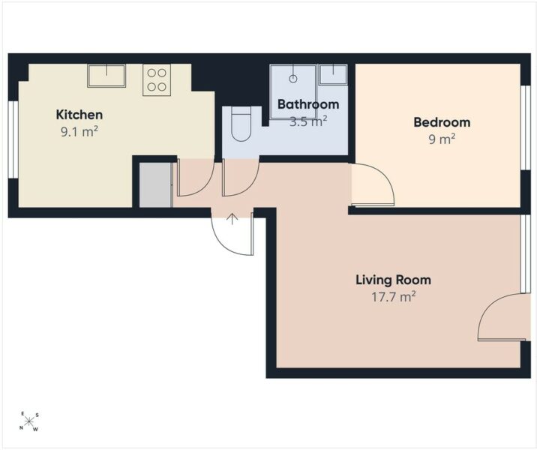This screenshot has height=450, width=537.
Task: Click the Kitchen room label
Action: tap(79, 115)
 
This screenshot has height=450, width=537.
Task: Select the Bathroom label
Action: tap(308, 104)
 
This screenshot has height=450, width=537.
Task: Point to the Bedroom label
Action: tap(442, 122)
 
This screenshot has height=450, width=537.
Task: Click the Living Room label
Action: tap(394, 280)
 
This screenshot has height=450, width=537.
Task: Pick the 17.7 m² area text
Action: tap(394, 296)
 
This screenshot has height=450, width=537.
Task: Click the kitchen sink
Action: tap(106, 76)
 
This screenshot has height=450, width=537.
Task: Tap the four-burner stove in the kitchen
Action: tap(157, 80)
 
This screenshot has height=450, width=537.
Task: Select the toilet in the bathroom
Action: tap(241, 124)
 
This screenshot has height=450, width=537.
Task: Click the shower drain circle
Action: tap(292, 79)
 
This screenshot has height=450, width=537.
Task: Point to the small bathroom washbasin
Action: tap(333, 75)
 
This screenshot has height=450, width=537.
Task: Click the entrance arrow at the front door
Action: tap(232, 219)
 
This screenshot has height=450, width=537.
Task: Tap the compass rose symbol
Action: tap(28, 421)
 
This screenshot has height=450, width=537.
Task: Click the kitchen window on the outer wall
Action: tap(13, 139)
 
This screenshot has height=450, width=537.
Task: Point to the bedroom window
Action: tap(525, 127)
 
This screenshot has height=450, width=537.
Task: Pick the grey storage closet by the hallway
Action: tap(156, 185)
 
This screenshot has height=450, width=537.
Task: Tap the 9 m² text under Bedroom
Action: tap(442, 139)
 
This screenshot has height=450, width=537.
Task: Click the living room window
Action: tap(525, 253)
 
